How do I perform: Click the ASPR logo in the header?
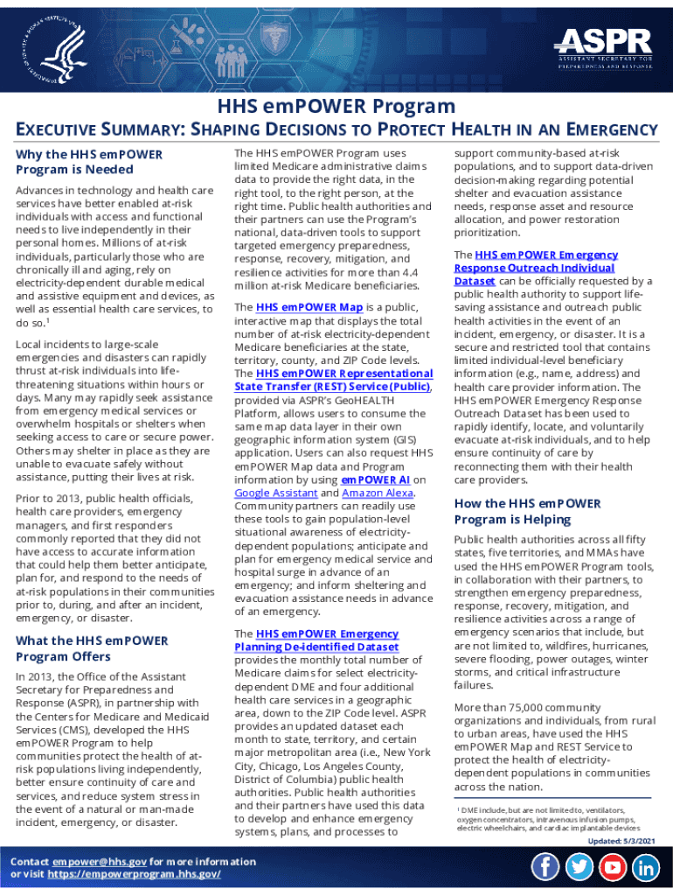click(604, 47)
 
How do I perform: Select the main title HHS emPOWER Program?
click(336, 106)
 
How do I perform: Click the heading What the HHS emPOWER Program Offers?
click(92, 647)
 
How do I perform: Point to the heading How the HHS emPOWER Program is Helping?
click(527, 511)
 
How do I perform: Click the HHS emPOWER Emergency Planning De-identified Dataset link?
click(327, 640)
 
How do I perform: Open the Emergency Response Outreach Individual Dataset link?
click(535, 268)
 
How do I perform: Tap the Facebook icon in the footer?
click(545, 867)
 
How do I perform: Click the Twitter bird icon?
click(579, 867)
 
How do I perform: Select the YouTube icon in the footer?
click(613, 867)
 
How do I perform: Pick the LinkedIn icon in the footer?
click(646, 867)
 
